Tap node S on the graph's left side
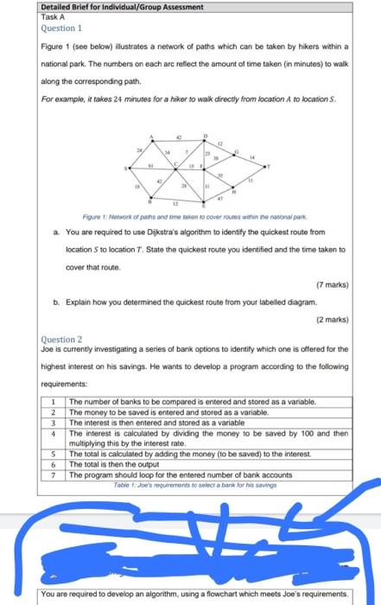(128, 167)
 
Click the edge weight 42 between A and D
(179, 132)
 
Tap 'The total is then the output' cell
(111, 464)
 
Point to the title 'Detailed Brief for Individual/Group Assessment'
(110, 6)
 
